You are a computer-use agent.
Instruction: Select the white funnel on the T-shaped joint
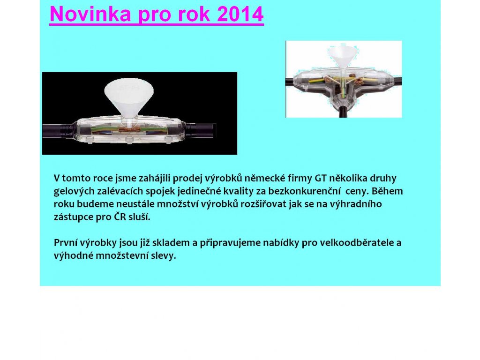tap(343, 57)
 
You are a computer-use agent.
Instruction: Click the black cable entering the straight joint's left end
tap(58, 129)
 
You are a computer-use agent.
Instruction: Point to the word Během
tap(387, 191)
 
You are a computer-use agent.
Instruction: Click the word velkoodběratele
tap(357, 242)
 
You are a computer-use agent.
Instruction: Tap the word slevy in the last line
tap(166, 255)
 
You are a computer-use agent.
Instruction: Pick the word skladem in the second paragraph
tap(171, 242)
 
